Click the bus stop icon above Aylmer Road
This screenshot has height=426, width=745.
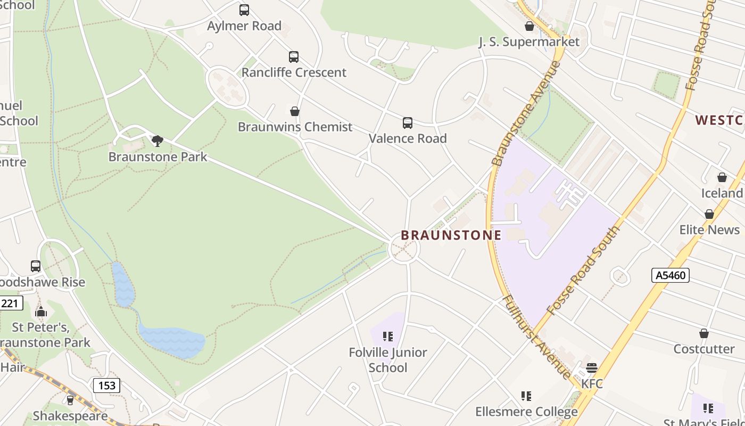(244, 10)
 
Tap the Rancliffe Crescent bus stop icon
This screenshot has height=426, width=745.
(293, 57)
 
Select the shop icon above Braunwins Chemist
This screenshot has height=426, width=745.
(295, 111)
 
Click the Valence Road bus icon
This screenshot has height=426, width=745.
(408, 123)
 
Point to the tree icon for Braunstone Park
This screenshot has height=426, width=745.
(157, 141)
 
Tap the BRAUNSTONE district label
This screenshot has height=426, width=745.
(451, 235)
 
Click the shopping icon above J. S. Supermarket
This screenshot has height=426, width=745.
(529, 26)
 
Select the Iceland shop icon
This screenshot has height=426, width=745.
(722, 177)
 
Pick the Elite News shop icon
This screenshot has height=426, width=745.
(709, 214)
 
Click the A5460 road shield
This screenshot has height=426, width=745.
(670, 275)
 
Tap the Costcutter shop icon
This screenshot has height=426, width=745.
(704, 334)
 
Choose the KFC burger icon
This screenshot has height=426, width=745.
(592, 368)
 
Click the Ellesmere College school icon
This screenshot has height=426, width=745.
(526, 396)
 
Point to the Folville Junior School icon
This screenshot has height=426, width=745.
(388, 337)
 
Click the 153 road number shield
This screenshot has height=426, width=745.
(107, 386)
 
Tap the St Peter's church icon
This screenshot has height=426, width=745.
(41, 312)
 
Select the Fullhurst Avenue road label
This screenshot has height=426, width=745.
(536, 337)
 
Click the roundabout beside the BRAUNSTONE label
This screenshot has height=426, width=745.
(403, 249)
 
